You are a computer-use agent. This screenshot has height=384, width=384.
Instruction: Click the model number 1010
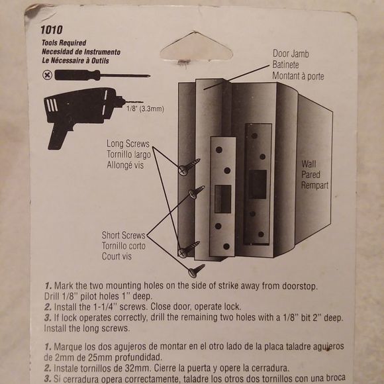click(x=51, y=30)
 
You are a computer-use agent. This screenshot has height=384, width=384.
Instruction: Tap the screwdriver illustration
click(x=99, y=75)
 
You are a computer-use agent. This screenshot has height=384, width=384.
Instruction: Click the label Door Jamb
click(x=292, y=54)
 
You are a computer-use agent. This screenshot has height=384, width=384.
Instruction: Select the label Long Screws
click(x=128, y=144)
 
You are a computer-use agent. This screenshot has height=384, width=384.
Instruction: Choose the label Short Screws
click(x=123, y=235)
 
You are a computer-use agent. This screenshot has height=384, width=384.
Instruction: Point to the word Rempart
click(x=315, y=185)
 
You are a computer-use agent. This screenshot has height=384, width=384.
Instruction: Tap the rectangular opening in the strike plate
click(x=223, y=199)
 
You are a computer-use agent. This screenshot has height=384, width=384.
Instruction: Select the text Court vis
click(x=118, y=256)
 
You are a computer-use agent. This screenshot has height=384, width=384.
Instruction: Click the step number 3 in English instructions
click(x=48, y=318)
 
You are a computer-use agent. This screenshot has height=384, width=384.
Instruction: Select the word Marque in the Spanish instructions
click(x=72, y=347)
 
